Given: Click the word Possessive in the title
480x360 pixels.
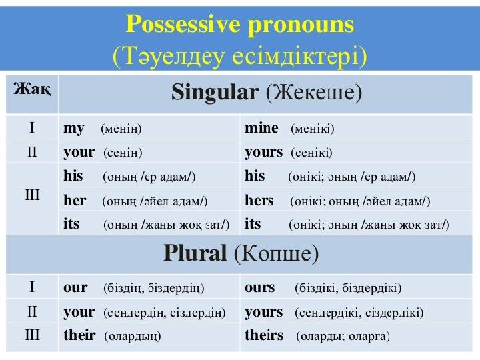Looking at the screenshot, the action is coord(183,24).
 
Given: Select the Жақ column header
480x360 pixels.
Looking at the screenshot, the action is coord(32,90).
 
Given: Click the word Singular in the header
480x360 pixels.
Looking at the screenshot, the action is coord(215,93).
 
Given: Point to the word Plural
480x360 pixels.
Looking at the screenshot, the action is coord(195,253).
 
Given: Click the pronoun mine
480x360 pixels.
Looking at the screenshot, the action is coord(261,127).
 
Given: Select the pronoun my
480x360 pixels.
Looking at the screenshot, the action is coord(74,129).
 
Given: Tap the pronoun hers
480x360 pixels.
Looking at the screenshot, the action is coord(259,201).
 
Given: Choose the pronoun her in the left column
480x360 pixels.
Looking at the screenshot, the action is coord(75,201).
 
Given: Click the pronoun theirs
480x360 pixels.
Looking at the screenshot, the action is coord(264,335).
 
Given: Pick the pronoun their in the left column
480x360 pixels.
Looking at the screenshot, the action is coord(79,335).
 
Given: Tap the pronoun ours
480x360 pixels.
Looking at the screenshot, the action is coord(259,288).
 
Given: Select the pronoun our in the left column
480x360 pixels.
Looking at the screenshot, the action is coord(75,288).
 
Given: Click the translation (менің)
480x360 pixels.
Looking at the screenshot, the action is coord(121,129).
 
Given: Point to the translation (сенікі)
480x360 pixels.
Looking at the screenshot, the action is coord(311,153).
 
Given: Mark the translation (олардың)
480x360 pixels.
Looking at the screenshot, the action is coord(133,336).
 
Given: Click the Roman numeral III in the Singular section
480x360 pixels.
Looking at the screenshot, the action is coord(32,195).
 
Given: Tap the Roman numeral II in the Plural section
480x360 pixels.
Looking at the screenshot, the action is coord(32,311).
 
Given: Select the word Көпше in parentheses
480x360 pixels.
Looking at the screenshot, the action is coord(277,253).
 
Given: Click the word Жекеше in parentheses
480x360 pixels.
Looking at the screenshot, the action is coord(314,92).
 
